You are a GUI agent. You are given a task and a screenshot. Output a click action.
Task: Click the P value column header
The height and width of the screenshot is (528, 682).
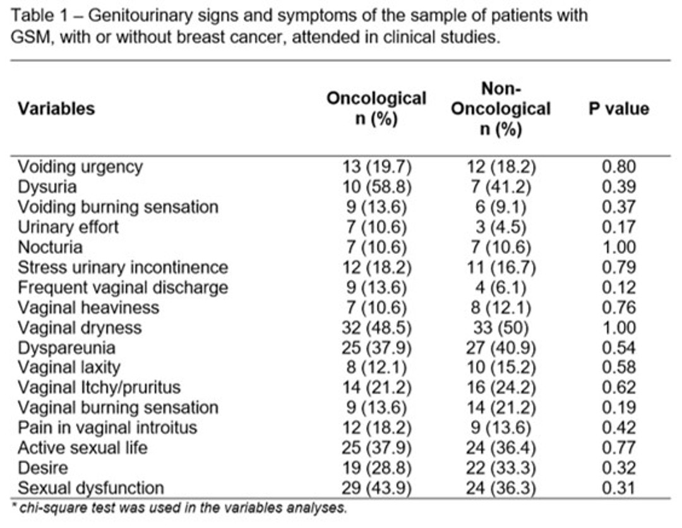[x=618, y=109]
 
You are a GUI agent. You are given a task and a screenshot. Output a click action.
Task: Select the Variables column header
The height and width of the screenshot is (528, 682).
[x=56, y=109]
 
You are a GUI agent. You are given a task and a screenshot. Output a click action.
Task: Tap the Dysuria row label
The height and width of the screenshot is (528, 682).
[x=47, y=187]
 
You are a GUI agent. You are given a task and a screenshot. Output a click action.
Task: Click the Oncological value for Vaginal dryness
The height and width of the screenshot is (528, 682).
[x=376, y=328]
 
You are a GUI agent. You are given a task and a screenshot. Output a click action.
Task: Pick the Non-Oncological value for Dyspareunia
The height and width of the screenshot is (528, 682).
[x=501, y=347]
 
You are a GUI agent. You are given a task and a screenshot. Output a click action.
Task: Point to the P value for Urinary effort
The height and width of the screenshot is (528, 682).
[x=618, y=227]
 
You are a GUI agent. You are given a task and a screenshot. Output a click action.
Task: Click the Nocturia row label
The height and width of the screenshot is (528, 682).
[x=50, y=247]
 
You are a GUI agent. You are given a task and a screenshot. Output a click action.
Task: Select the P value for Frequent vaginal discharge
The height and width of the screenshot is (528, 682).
[x=618, y=287]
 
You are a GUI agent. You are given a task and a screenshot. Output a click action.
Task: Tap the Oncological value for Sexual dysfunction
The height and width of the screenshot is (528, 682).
[x=376, y=488]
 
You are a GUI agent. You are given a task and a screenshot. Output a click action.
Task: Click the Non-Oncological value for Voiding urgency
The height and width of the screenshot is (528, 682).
[x=501, y=167]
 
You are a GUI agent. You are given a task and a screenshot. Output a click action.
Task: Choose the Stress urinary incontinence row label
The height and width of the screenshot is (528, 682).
[x=123, y=267]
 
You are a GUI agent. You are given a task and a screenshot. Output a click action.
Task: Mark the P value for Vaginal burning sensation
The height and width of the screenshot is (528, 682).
[x=618, y=407]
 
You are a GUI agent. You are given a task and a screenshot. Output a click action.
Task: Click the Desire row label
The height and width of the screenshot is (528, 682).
[x=43, y=468]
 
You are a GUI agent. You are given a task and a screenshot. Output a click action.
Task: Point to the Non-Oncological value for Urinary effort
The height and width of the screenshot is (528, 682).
[x=501, y=227]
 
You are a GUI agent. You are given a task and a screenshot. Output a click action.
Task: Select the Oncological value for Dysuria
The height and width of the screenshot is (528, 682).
[x=376, y=187]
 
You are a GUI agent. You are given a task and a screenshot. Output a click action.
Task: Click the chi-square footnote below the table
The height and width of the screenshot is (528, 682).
[x=179, y=508]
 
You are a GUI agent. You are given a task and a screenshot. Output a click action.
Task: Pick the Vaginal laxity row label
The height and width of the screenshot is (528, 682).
[x=69, y=368]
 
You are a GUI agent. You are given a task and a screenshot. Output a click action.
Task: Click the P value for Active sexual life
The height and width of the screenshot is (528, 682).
[x=618, y=448]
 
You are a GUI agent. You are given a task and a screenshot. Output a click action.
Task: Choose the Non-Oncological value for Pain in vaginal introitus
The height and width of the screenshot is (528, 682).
[x=501, y=428]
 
